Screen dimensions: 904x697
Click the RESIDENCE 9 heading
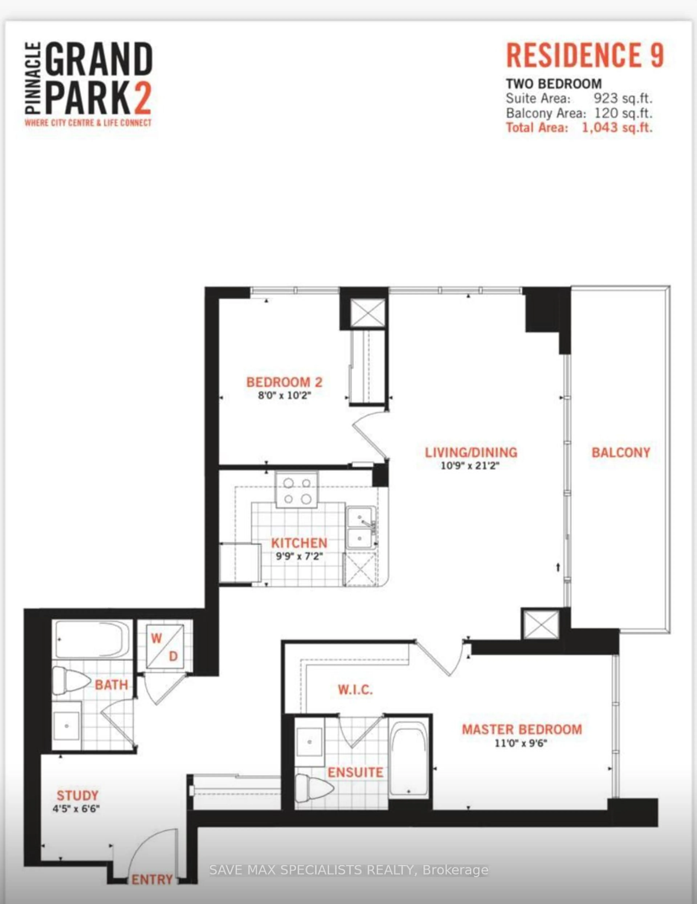coord(585,56)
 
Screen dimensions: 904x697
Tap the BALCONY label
coord(620,452)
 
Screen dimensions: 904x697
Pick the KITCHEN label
coord(299,543)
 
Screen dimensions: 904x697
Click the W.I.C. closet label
coord(355,690)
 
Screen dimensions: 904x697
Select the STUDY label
coord(77,795)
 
